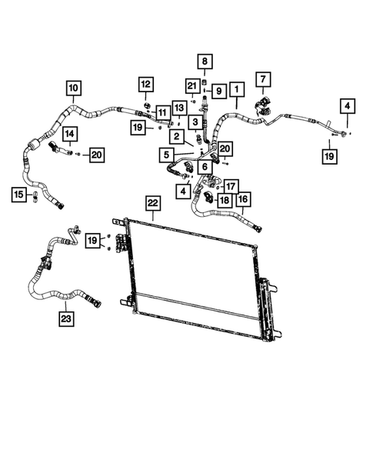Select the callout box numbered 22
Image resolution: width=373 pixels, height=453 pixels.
click(x=152, y=203)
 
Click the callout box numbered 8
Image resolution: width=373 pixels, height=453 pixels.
click(x=205, y=61)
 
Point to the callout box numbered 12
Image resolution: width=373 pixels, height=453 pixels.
click(x=146, y=83)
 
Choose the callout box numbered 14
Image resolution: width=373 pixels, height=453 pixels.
click(x=69, y=133)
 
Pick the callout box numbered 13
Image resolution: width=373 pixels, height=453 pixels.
click(x=178, y=107)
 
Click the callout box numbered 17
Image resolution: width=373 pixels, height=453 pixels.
click(x=231, y=185)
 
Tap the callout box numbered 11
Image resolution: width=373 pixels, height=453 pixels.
click(x=162, y=113)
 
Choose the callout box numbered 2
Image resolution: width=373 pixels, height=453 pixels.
click(x=176, y=137)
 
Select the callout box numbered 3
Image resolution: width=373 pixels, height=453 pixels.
click(x=195, y=122)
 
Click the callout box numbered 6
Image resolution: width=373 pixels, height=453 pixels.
click(x=205, y=166)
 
